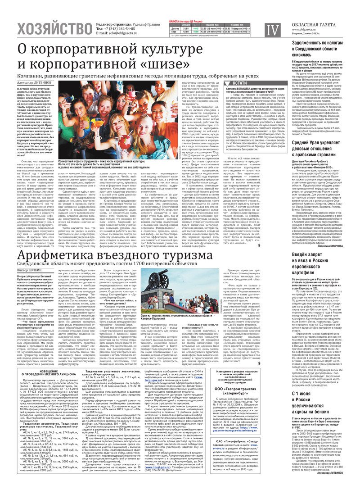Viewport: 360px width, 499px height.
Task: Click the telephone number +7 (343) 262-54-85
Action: (121, 28)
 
